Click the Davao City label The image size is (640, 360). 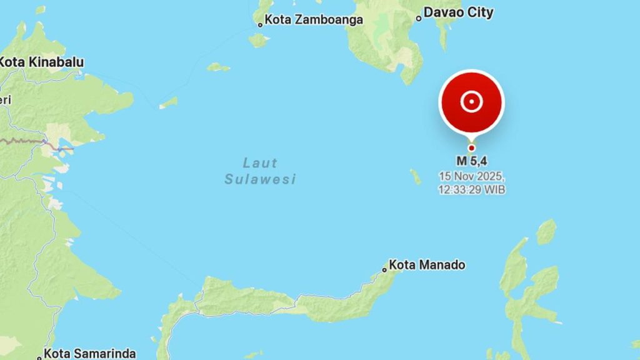458,12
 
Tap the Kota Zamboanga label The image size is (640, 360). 314,20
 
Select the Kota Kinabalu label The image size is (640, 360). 41,62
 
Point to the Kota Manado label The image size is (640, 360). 427,265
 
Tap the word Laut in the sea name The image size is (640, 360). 259,164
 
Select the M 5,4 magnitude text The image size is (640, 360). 472,162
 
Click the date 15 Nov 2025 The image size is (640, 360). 472,176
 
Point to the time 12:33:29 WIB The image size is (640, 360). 472,189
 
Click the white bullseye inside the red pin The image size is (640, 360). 471,101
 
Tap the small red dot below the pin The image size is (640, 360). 471,148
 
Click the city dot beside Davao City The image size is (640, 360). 419,18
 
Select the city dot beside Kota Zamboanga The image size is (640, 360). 260,25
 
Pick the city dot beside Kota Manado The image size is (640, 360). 384,270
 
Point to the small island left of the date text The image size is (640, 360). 416,177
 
